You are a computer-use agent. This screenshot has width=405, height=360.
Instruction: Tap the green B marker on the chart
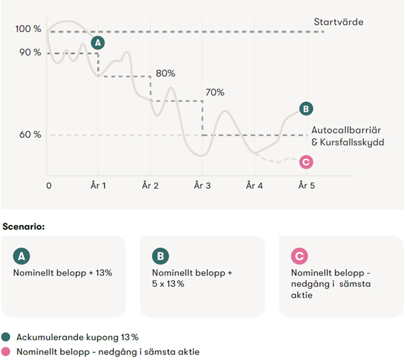tap(306, 109)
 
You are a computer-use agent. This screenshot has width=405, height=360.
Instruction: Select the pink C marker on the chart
tap(306, 161)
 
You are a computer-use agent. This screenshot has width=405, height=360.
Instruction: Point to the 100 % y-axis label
tap(28, 29)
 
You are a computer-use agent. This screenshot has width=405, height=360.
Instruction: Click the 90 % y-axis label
tap(30, 52)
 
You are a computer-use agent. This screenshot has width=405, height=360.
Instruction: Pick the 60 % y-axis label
tap(30, 134)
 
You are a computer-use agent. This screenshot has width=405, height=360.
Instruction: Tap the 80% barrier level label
tap(165, 73)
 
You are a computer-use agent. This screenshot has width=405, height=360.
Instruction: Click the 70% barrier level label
tap(215, 93)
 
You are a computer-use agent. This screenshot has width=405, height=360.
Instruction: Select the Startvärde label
tap(338, 22)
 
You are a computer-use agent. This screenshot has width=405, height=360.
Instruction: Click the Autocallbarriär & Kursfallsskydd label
tap(347, 136)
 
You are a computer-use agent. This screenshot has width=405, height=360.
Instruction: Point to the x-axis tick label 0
tap(49, 185)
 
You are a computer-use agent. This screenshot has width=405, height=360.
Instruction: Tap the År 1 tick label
tap(99, 185)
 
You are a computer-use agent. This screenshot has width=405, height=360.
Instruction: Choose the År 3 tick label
tap(202, 185)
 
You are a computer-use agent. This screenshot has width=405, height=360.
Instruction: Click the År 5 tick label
tap(306, 185)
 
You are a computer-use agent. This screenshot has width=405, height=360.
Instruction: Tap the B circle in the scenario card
tap(161, 255)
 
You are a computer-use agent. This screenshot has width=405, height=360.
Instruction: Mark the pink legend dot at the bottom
tap(6, 351)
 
